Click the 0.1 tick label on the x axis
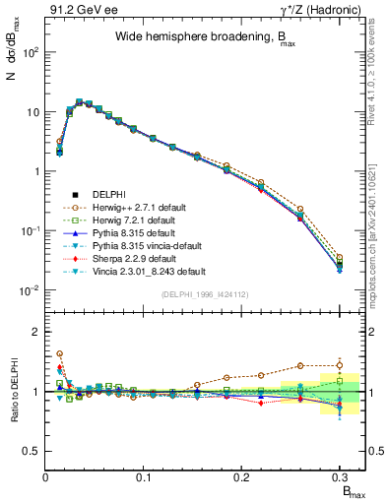pyautogui.click(x=144, y=476)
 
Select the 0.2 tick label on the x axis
pyautogui.click(x=241, y=476)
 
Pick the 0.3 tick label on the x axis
pyautogui.click(x=339, y=476)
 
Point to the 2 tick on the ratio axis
pyautogui.click(x=36, y=332)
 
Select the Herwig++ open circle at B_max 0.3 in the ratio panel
pyautogui.click(x=340, y=365)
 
